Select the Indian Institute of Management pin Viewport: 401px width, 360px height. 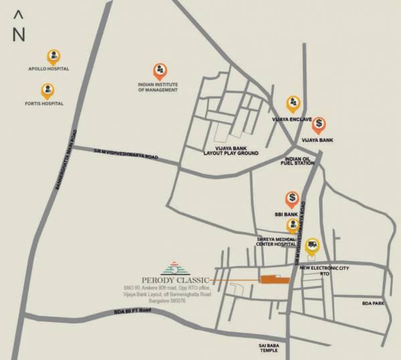pos(160,70)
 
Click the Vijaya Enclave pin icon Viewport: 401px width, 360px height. pos(293,104)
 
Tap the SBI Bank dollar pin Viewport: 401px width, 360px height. pos(292,199)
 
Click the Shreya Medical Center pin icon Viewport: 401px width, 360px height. pos(292,226)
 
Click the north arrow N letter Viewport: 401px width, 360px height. pos(19,34)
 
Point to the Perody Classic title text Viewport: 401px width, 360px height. pos(176,279)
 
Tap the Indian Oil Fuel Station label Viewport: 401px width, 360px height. pos(300,162)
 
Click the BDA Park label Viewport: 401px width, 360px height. pos(374,303)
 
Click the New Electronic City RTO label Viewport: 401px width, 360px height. pos(325,270)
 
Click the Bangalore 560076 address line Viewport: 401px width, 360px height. pos(164,301)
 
